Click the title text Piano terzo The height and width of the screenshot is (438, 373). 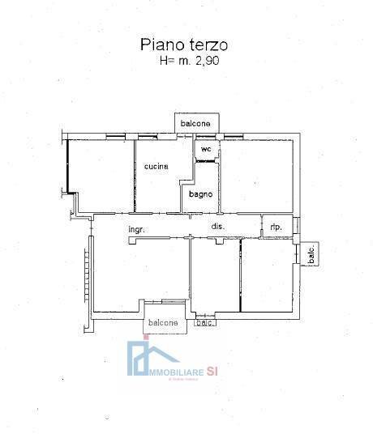tap(186, 45)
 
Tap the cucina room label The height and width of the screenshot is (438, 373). tap(156, 167)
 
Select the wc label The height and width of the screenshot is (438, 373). tap(206, 150)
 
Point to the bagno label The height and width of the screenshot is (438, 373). tap(201, 194)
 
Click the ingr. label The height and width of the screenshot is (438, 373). tap(136, 230)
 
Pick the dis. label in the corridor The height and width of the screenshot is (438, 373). tap(217, 226)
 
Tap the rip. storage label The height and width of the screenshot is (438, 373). tap(276, 228)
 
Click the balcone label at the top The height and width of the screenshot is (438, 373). tap(196, 123)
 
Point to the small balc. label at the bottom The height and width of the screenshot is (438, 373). tap(204, 324)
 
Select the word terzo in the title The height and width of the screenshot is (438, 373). tap(211, 45)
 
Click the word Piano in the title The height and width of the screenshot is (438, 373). tap(160, 45)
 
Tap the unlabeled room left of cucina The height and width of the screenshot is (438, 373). tap(100, 174)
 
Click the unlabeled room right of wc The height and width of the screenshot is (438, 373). tap(258, 174)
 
